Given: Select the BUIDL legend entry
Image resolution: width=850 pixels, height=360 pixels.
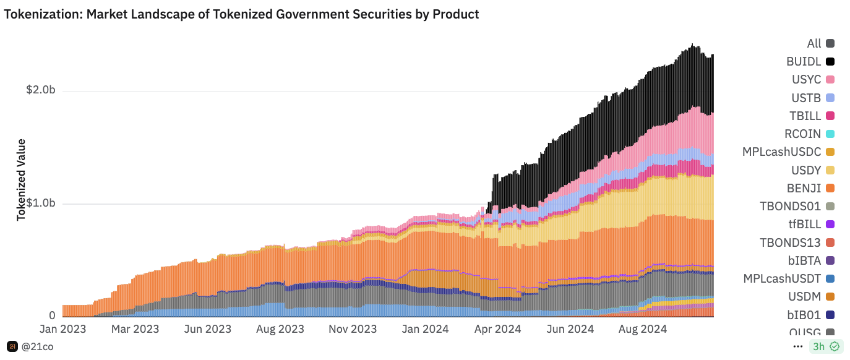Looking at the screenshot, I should click(x=804, y=62).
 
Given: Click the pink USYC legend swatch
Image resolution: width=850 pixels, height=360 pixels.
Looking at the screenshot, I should click(x=830, y=80).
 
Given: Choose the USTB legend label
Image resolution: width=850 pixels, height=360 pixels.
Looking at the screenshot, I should click(x=806, y=98).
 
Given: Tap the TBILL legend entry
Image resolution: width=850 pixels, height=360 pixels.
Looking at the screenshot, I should click(x=805, y=116).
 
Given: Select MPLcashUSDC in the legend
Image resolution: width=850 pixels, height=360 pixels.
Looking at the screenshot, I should click(x=781, y=152).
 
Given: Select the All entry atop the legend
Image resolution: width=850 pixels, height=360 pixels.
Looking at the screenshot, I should click(x=814, y=43).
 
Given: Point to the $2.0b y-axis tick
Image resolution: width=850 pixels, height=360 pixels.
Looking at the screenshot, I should click(x=41, y=90).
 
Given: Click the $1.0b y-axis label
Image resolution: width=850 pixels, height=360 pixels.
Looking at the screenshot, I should click(x=41, y=204).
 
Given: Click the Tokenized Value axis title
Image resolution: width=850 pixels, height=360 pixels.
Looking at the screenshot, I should click(x=21, y=179).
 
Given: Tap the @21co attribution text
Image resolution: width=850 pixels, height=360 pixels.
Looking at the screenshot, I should click(x=37, y=346).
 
